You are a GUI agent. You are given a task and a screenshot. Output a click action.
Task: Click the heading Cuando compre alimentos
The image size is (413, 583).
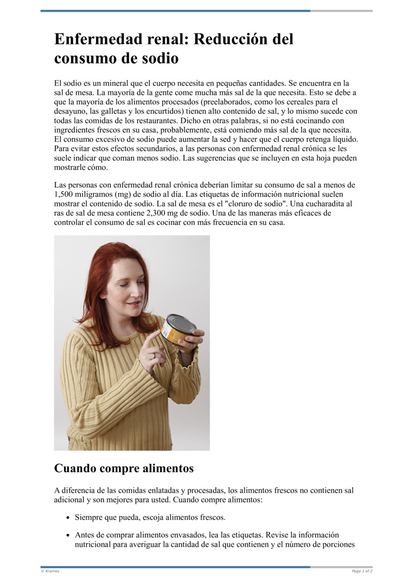123,468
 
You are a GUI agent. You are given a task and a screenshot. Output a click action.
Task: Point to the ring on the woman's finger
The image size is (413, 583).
153,355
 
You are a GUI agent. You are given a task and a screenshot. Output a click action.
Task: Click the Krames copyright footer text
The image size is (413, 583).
50,571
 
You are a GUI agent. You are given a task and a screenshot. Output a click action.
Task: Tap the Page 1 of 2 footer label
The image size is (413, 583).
362,571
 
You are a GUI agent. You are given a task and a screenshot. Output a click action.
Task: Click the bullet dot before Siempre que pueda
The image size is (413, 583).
68,517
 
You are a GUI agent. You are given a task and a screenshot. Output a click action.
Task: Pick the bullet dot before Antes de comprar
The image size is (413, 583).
68,536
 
